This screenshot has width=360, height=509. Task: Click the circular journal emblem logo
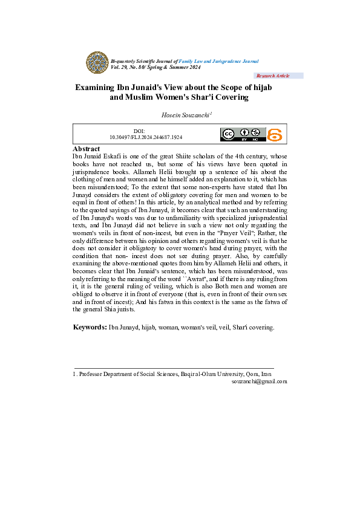click(x=96, y=63)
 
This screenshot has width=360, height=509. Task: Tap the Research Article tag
click(x=273, y=76)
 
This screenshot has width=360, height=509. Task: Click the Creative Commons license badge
click(x=243, y=135)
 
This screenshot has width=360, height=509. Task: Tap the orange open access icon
click(x=275, y=135)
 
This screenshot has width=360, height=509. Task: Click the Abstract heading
click(x=87, y=149)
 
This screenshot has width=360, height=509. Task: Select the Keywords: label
click(x=90, y=327)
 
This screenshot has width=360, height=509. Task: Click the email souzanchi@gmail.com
click(x=259, y=381)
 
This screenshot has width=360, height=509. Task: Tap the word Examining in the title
click(x=96, y=88)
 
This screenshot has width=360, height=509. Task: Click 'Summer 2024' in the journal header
click(x=190, y=67)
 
